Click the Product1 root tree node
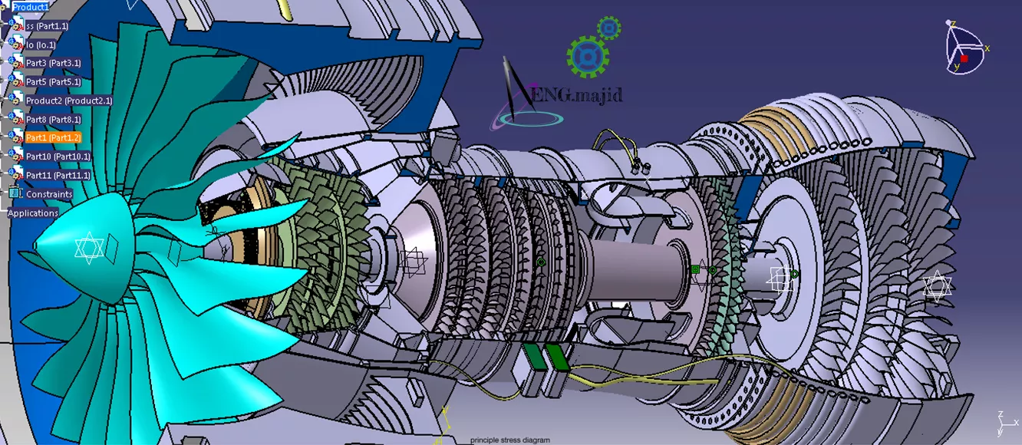pos(30,7)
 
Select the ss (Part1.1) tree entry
pos(47,26)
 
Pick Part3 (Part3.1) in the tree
pos(53,63)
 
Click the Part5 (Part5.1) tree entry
pos(53,81)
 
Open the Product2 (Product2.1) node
pos(68,101)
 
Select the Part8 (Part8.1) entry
pos(53,119)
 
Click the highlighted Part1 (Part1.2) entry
pos(53,137)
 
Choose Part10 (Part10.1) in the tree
pos(58,156)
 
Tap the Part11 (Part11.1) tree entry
pos(58,175)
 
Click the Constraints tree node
pos(49,194)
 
